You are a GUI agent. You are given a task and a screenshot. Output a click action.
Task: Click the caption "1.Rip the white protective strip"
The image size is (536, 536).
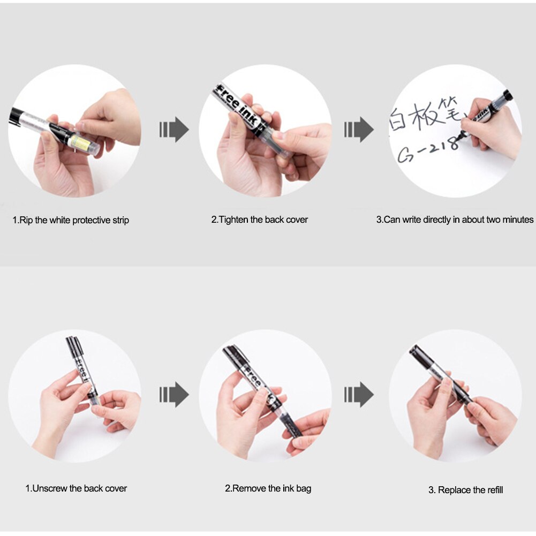click(71, 220)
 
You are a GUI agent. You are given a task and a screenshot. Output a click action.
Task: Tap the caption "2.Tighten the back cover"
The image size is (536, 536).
click(259, 220)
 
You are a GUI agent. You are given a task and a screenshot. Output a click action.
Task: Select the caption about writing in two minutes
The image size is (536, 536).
click(455, 220)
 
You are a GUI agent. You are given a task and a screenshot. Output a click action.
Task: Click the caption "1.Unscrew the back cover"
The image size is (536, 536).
click(76, 488)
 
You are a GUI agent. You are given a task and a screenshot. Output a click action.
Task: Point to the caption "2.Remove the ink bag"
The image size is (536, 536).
click(268, 488)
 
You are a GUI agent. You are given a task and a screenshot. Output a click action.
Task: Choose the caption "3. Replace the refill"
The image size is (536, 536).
click(465, 490)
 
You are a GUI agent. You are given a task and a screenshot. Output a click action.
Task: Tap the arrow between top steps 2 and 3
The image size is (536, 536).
click(359, 130)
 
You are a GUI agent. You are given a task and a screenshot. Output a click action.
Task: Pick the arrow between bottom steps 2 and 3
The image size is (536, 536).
click(359, 395)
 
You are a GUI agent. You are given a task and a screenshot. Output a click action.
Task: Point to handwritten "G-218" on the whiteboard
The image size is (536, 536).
click(428, 150)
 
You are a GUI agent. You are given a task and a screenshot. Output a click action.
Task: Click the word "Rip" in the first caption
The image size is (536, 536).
click(26, 220)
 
